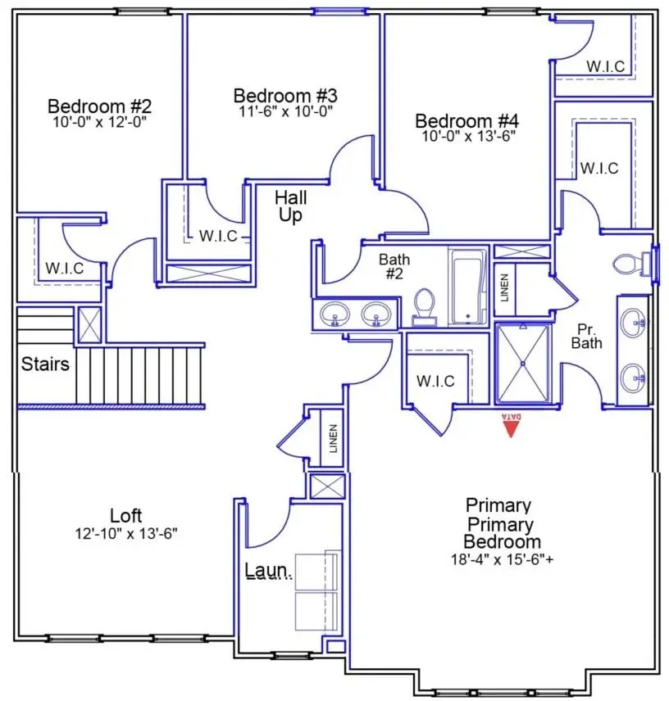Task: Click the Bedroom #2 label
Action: (99, 106)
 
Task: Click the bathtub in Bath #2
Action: (467, 287)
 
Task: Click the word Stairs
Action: (45, 364)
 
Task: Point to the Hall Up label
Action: (290, 206)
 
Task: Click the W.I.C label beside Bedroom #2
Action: (64, 268)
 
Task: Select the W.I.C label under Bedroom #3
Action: (218, 236)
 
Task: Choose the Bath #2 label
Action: (394, 266)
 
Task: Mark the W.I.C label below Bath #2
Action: (435, 382)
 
